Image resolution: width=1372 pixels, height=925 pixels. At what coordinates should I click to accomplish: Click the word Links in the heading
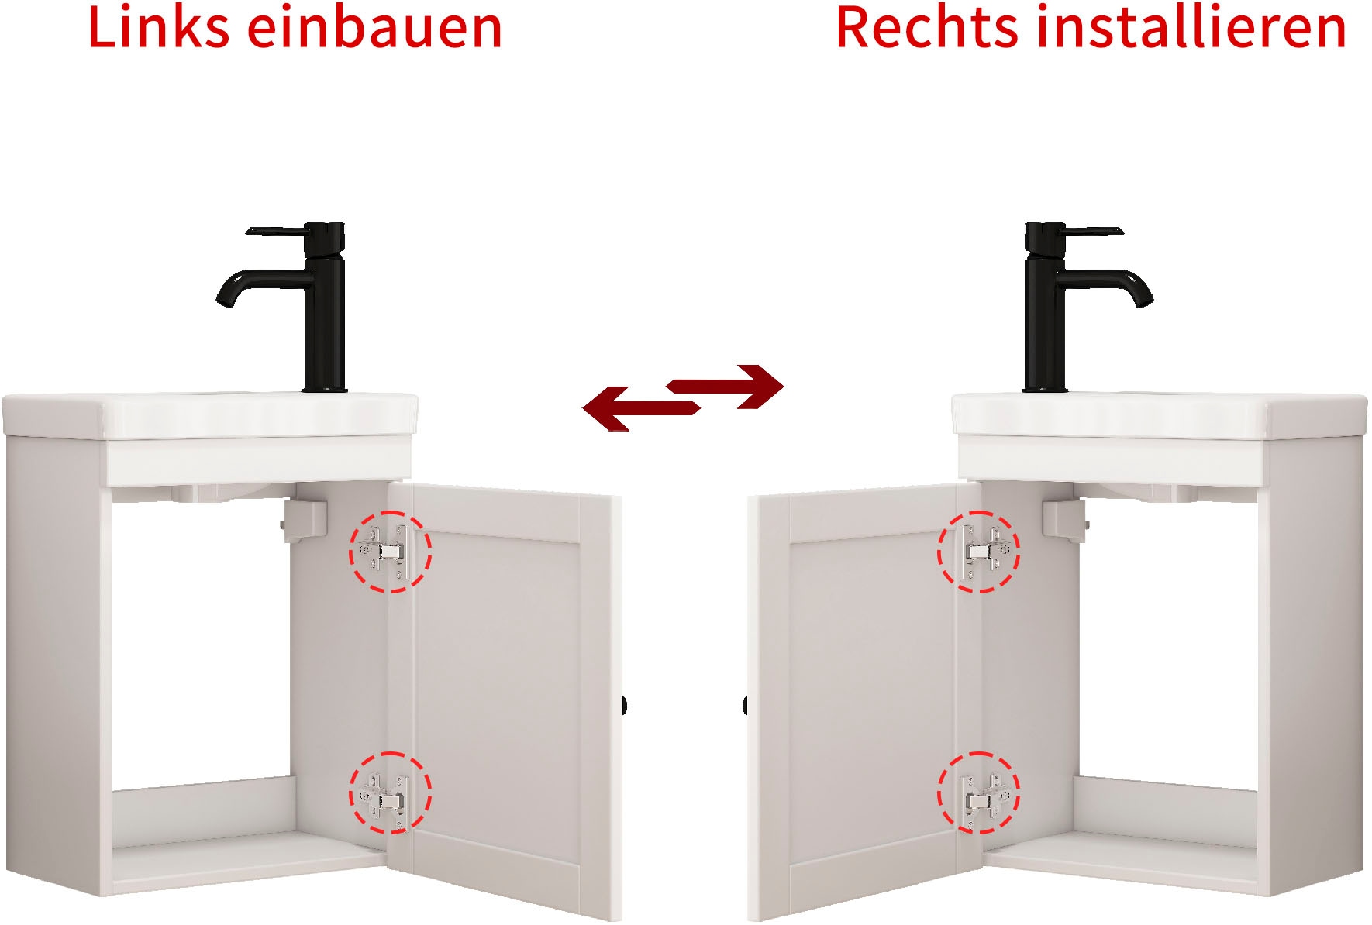point(158,28)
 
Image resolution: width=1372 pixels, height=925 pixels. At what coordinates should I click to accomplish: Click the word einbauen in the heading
point(374,28)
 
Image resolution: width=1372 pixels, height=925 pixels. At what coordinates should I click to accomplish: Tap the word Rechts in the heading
point(926,28)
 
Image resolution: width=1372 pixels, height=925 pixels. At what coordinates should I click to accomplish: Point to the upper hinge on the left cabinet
point(389,552)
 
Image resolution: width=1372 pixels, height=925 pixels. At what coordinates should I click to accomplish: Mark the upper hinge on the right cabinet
point(979,552)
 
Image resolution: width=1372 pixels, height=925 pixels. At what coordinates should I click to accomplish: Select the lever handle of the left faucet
point(275,231)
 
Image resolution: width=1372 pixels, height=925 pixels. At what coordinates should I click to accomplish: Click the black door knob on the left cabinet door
point(623,706)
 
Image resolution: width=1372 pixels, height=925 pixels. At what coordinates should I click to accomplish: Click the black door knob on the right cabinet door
point(746,706)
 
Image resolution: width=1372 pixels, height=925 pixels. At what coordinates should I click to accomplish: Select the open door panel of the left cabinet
point(504,697)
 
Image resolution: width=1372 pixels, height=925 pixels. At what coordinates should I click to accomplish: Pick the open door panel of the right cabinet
point(860,697)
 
